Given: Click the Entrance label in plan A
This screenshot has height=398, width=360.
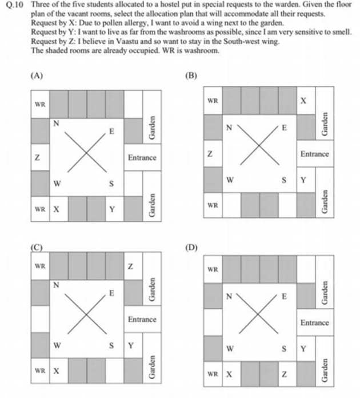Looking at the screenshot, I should pos(142,157).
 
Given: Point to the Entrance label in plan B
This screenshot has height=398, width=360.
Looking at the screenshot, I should pos(314,154).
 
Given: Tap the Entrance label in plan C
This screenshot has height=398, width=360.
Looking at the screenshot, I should pos(142,319).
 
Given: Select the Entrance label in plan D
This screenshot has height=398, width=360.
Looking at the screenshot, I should pos(314,323).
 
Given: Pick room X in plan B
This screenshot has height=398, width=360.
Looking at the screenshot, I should pos(304,101).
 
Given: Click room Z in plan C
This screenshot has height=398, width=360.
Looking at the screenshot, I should pos(131,266).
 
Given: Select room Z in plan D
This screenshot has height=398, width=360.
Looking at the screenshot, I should pos(284,374).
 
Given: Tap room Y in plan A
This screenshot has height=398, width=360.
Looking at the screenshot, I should pos(112,209).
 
